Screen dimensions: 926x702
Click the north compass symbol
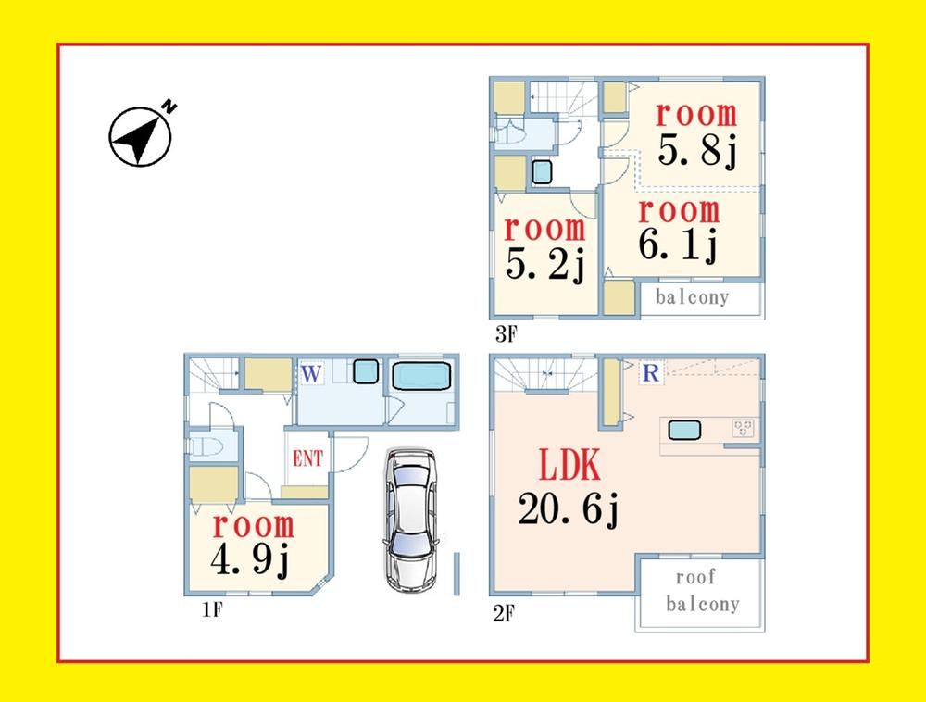[x=141, y=136]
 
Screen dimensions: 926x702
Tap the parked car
[x=411, y=520]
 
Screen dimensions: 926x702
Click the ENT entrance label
[x=307, y=458]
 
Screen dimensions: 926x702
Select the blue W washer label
[x=311, y=374]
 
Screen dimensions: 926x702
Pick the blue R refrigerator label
[x=651, y=372]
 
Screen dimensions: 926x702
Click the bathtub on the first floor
[x=421, y=376]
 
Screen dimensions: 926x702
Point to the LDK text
[x=569, y=464]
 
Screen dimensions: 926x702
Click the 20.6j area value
[x=569, y=509]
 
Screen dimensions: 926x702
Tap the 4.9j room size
[x=250, y=560]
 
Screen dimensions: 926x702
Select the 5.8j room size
[x=697, y=151]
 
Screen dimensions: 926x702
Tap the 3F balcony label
[x=692, y=297]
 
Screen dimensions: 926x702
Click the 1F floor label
[x=212, y=608]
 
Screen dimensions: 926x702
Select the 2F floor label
[x=504, y=613]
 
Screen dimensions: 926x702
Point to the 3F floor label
[x=507, y=334]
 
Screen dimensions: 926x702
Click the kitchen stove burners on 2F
[x=743, y=428]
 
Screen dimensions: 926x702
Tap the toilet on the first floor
[x=204, y=445]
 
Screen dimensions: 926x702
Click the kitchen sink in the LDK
[x=684, y=430]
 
